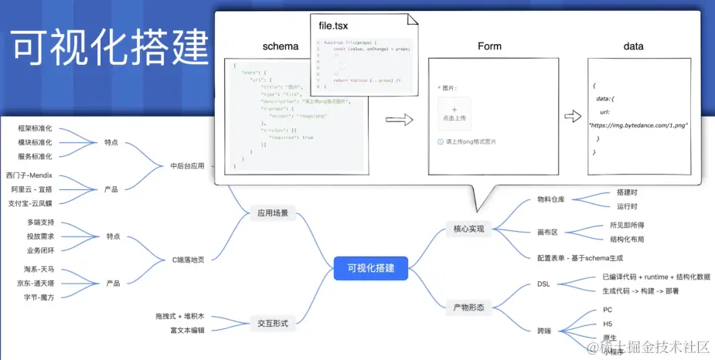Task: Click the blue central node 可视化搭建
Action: coord(371,268)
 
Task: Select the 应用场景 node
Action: coord(273,213)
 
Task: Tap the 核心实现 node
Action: coord(468,229)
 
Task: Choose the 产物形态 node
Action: coord(468,307)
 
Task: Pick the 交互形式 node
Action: coord(273,323)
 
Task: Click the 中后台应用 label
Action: coord(187,165)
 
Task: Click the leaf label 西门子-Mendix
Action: coord(29,175)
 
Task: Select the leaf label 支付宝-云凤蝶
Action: coord(30,203)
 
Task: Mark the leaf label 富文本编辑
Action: coord(187,331)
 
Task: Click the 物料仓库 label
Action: coord(551,199)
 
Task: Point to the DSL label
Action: coord(543,284)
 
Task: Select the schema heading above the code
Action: coord(281,46)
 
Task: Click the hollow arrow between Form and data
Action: coord(573,117)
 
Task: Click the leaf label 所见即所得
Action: coord(627,225)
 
